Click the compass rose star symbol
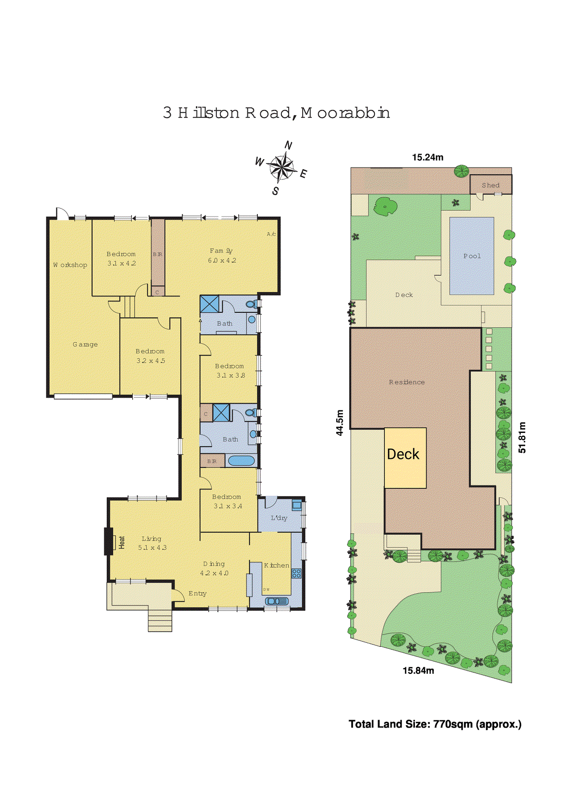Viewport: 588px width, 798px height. point(282,167)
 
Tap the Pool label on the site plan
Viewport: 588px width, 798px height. point(472,256)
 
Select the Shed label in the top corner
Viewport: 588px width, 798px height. point(490,185)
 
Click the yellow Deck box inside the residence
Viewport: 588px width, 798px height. point(404,457)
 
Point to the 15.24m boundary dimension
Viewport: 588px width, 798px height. point(427,157)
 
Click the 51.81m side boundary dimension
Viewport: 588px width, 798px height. point(522,437)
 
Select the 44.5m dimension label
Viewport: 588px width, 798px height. point(340,422)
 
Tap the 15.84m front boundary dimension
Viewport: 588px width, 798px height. point(418,671)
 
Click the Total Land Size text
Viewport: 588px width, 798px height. point(435,724)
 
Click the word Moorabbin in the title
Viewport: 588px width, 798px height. point(345,113)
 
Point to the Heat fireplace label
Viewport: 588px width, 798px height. point(122,542)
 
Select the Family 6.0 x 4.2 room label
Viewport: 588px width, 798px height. point(221,255)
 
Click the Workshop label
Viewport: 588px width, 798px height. point(70,265)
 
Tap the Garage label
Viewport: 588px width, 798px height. point(85,344)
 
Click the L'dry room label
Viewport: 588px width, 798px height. point(279,518)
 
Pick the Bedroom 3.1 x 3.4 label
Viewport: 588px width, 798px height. point(227,501)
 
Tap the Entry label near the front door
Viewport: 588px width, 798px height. point(197,593)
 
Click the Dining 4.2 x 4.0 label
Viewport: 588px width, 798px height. point(214,569)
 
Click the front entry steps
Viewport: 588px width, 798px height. point(160,621)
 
